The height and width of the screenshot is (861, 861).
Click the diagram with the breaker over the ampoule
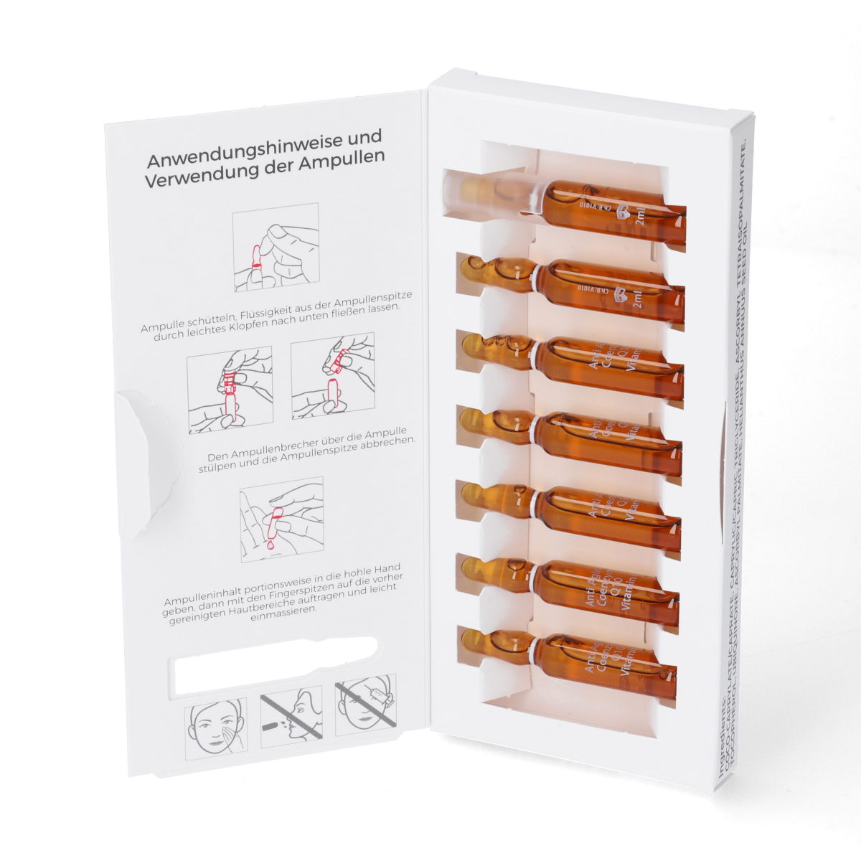[x=230, y=389]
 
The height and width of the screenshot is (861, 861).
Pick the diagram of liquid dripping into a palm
[x=281, y=519]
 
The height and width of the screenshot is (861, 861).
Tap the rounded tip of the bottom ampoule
[x=471, y=634]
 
